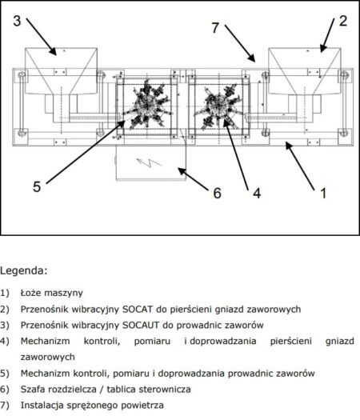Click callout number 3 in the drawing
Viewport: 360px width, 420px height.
(17, 21)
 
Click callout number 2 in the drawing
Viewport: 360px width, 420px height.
(343, 21)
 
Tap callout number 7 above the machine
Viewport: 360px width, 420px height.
(215, 28)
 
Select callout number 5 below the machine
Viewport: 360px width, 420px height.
(37, 186)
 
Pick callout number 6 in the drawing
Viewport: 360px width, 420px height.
(218, 193)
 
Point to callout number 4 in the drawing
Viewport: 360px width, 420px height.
(257, 193)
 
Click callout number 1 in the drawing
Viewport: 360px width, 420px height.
(323, 193)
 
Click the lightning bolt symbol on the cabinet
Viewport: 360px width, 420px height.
(149, 162)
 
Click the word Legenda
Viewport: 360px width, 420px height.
(23, 271)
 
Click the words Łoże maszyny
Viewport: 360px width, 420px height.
(52, 293)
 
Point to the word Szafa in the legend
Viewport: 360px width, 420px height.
(32, 389)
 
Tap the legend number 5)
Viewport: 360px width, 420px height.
(5, 373)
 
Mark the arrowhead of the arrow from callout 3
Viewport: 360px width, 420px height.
(53, 51)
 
